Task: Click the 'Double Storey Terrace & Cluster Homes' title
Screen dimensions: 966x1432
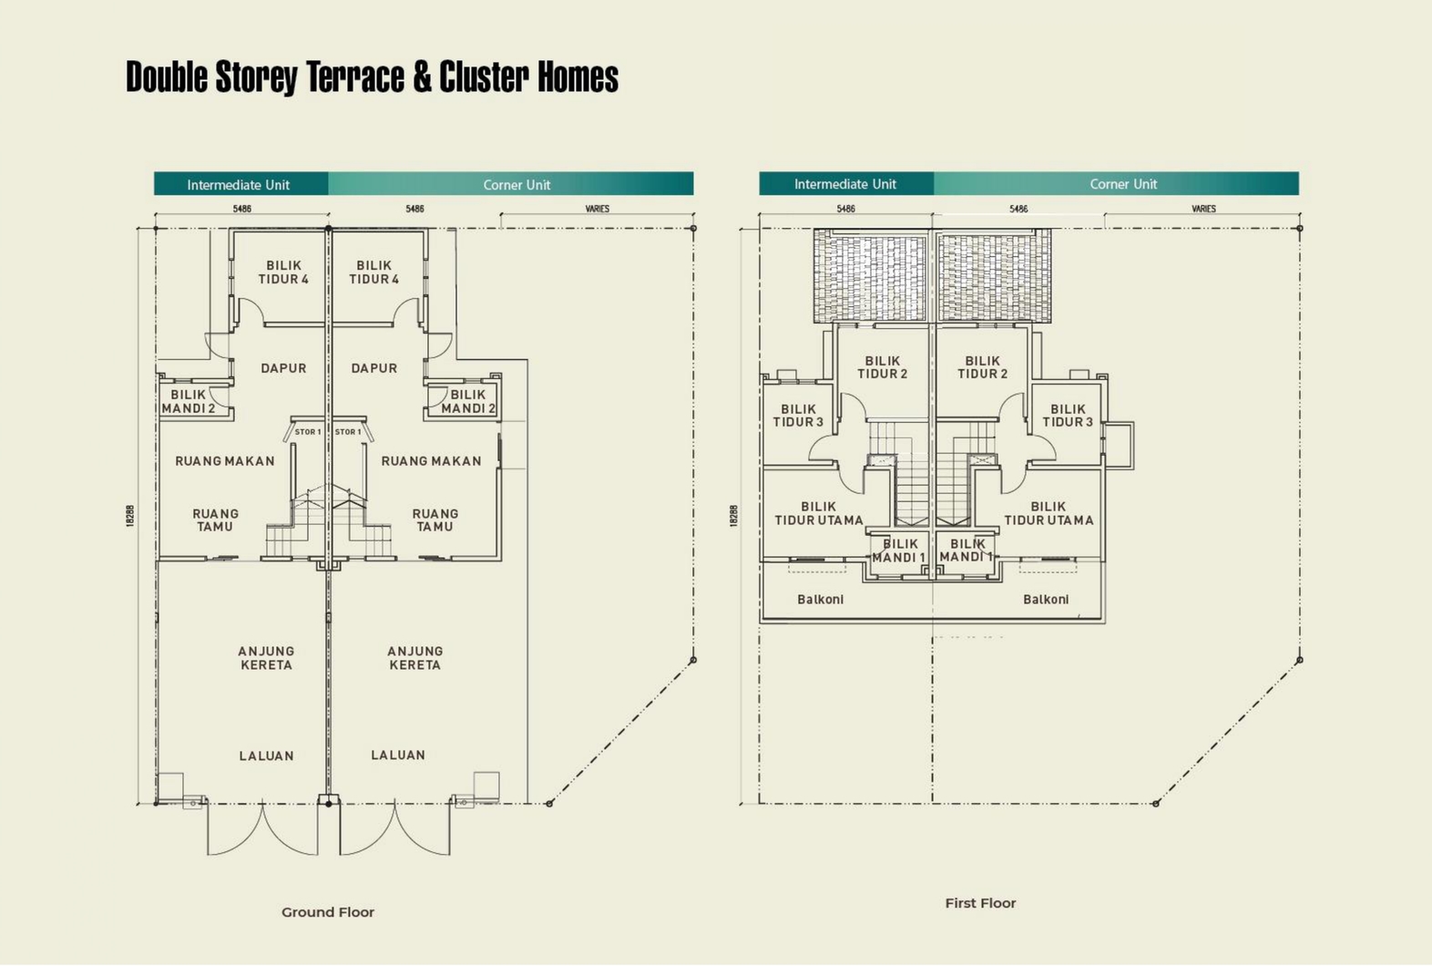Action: (372, 77)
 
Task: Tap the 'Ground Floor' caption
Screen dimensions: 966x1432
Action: (328, 912)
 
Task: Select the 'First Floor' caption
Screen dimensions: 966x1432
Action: (980, 903)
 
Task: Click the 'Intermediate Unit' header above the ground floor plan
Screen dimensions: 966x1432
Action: (239, 185)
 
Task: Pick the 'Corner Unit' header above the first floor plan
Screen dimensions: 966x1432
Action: (1123, 184)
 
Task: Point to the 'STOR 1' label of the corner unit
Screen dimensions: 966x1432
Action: (348, 432)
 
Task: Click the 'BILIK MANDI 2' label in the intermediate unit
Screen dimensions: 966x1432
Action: (189, 402)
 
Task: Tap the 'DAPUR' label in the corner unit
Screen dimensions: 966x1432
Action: (374, 368)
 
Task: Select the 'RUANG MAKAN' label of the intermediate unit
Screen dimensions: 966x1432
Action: (225, 461)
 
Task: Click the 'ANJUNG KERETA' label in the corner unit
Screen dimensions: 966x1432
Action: (415, 658)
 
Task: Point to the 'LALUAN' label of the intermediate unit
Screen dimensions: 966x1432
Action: (266, 755)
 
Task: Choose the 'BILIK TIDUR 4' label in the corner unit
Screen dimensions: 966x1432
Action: (374, 272)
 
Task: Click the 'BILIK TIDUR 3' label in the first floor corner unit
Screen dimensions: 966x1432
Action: (1068, 416)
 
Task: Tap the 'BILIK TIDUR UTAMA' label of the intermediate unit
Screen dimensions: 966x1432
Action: (819, 513)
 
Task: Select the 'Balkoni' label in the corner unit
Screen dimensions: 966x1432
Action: (1046, 600)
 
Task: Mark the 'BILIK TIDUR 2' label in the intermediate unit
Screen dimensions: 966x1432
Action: (883, 367)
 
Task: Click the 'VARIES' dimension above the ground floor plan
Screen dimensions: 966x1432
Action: (598, 209)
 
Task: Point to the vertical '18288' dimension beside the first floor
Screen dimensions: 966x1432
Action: (734, 516)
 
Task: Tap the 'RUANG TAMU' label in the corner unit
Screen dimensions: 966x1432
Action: (435, 519)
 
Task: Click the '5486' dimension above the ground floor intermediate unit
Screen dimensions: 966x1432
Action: (241, 209)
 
